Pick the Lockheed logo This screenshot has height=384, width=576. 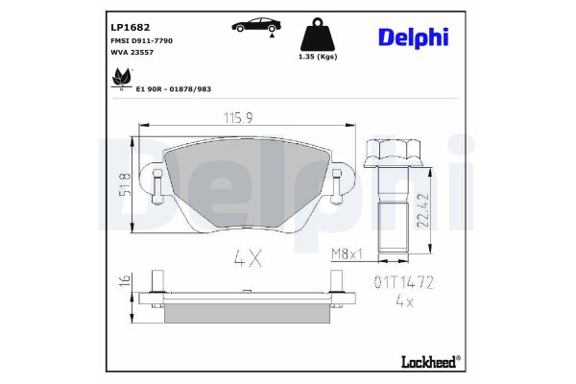tap(429, 361)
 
